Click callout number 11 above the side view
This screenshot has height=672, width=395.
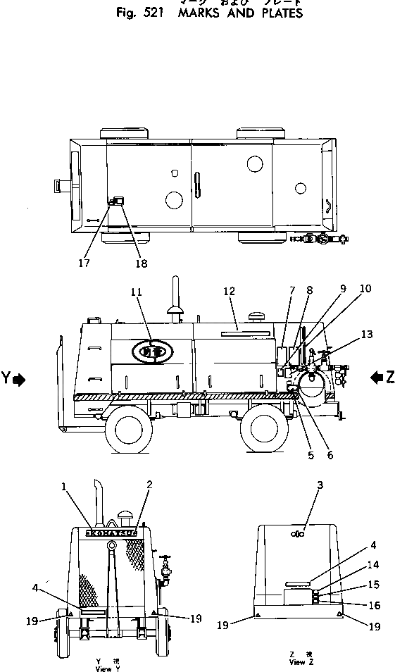click(x=136, y=290)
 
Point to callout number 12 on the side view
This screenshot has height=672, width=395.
click(x=228, y=291)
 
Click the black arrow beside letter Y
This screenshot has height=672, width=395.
click(x=19, y=379)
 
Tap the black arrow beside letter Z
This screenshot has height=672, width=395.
click(x=375, y=378)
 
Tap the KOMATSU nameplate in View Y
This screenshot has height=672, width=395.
click(x=113, y=533)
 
